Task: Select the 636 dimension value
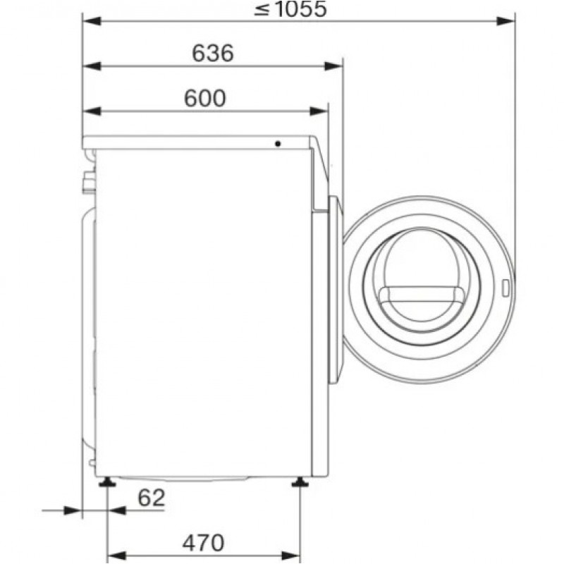tap(213, 54)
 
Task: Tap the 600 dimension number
tap(205, 98)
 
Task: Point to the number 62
tap(152, 498)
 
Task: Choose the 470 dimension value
tap(203, 543)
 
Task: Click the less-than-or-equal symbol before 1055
tap(262, 9)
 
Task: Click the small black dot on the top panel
tap(278, 144)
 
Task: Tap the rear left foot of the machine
tap(107, 482)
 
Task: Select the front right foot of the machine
tap(300, 482)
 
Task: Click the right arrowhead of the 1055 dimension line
tap(505, 21)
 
